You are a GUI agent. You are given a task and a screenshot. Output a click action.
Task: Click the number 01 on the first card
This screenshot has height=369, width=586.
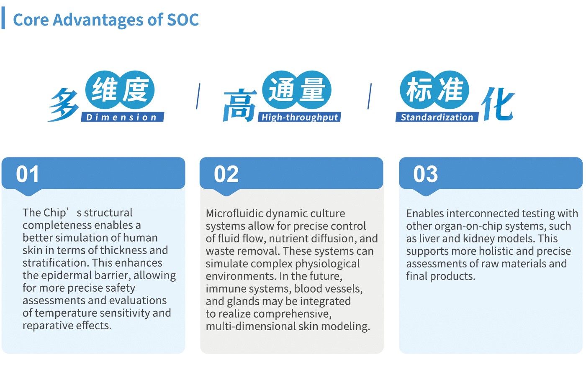(28, 174)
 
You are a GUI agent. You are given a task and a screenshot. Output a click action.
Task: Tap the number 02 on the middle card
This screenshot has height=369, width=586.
(226, 174)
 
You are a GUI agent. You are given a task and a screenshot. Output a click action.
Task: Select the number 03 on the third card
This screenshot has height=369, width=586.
(426, 174)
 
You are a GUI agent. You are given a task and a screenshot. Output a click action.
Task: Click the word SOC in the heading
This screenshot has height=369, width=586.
(183, 20)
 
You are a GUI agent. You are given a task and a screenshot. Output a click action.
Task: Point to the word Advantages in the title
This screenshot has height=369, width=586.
(98, 20)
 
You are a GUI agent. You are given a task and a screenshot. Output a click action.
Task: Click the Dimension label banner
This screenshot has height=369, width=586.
(122, 117)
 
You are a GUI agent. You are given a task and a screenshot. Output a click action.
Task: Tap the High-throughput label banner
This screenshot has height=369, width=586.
(299, 117)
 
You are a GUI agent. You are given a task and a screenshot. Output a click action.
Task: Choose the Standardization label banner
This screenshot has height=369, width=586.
(437, 117)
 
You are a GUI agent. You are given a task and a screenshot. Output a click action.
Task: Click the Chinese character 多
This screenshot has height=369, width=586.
(64, 104)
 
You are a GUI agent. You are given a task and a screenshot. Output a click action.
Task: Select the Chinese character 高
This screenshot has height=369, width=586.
(239, 105)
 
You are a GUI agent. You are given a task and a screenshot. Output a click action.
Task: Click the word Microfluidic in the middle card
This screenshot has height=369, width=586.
(237, 214)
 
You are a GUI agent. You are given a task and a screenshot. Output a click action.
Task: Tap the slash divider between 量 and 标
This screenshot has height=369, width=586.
(369, 97)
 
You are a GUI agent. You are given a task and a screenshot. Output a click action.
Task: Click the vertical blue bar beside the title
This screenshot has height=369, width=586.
(3, 18)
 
